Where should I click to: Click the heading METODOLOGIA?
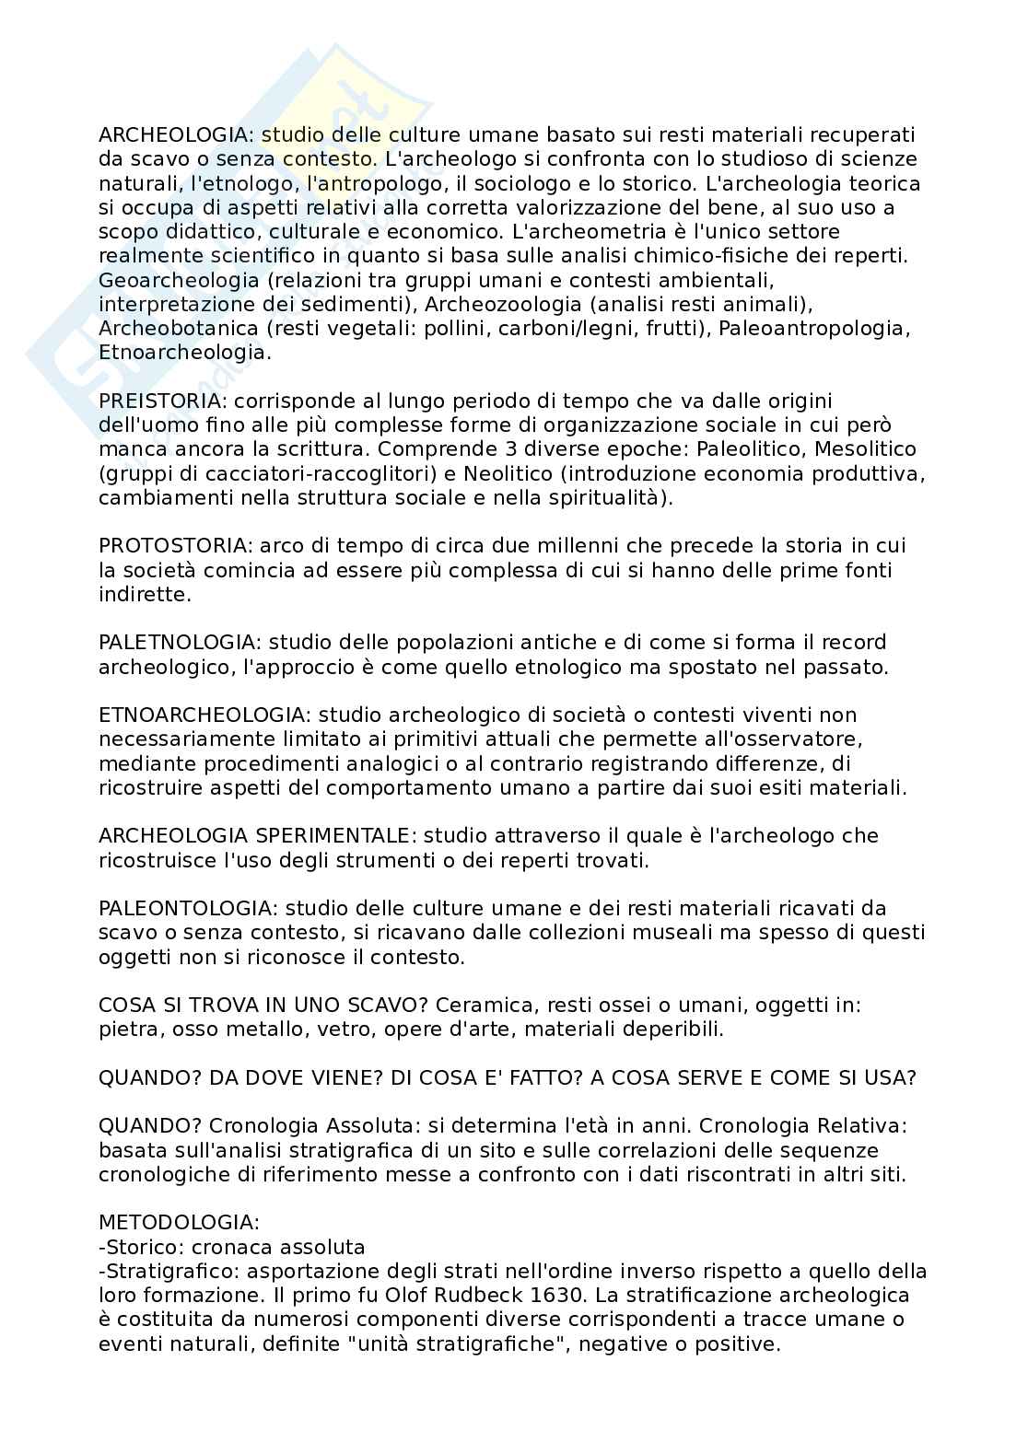point(179,1223)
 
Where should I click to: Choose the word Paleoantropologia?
point(813,328)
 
